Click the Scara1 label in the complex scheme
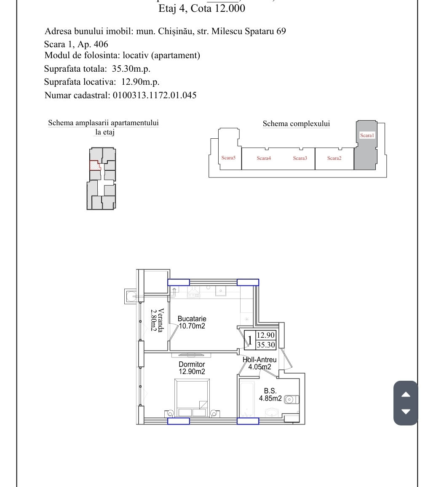[x=367, y=135]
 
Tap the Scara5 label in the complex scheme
[x=228, y=158]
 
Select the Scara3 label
[x=300, y=158]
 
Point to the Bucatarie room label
[x=192, y=319]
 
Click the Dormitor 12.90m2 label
[x=192, y=368]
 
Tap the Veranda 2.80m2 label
[x=157, y=320]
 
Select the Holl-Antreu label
[x=259, y=360]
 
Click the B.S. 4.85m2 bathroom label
[x=270, y=394]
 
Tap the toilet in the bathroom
[x=292, y=399]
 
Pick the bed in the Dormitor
[x=192, y=398]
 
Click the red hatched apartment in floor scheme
[x=95, y=166]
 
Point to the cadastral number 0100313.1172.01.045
[x=155, y=95]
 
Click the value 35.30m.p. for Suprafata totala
[x=131, y=69]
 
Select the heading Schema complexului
[x=297, y=124]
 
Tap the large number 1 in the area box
[x=250, y=340]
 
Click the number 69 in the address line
[x=281, y=31]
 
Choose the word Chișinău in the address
[x=175, y=31]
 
